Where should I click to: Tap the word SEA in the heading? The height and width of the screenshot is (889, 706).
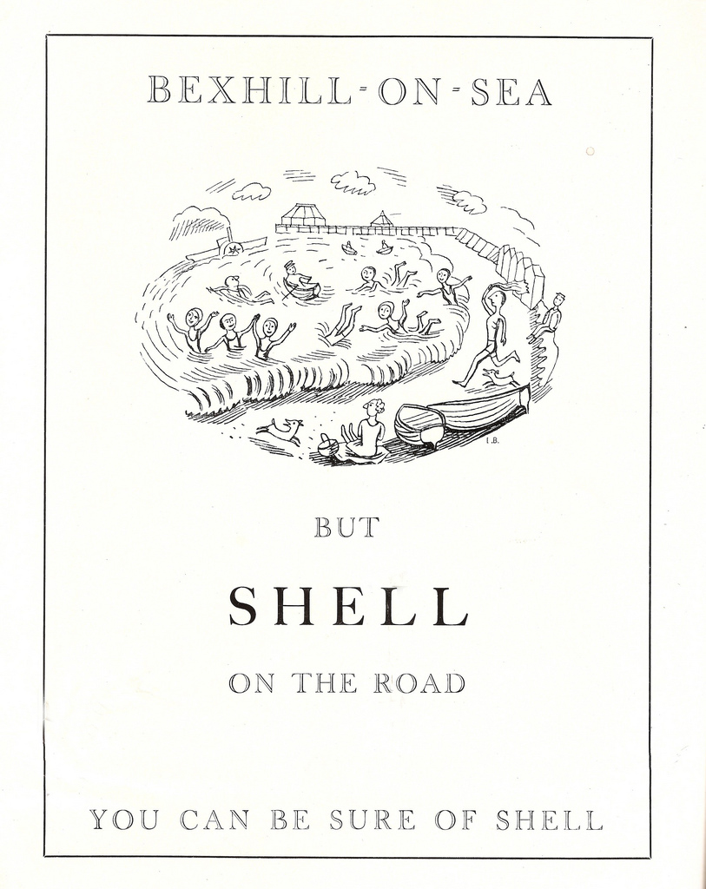point(511,91)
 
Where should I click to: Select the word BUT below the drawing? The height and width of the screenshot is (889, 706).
point(346,527)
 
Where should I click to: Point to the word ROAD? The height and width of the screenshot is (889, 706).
point(419,683)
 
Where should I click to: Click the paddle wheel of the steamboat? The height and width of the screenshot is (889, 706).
point(232,248)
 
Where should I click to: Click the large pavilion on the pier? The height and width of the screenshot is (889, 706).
point(303,214)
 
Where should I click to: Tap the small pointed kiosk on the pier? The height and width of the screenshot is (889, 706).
point(381,219)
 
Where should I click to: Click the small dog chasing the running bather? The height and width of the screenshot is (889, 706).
point(500,376)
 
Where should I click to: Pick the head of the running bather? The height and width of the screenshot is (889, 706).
point(496,298)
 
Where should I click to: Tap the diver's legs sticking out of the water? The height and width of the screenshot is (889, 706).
point(342,322)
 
